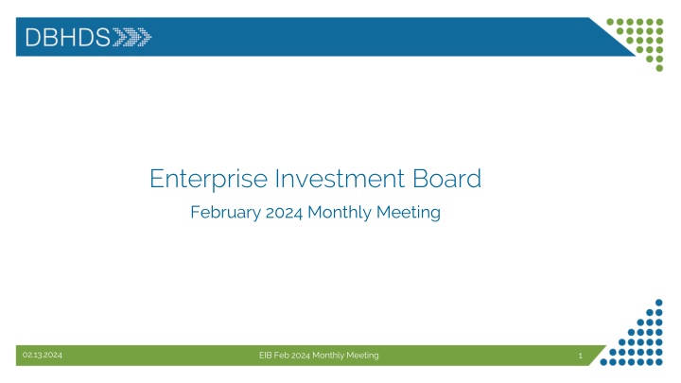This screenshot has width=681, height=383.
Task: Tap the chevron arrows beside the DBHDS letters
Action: click(x=132, y=37)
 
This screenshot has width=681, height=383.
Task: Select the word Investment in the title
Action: click(x=320, y=177)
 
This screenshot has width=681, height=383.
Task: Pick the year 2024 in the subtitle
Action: click(x=285, y=213)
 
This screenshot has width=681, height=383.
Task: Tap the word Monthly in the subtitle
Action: click(x=342, y=213)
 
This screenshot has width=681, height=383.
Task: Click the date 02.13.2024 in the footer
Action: click(x=43, y=355)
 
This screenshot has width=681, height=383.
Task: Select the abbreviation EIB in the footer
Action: click(x=267, y=355)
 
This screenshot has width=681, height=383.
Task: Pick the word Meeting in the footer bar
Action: click(x=363, y=355)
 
